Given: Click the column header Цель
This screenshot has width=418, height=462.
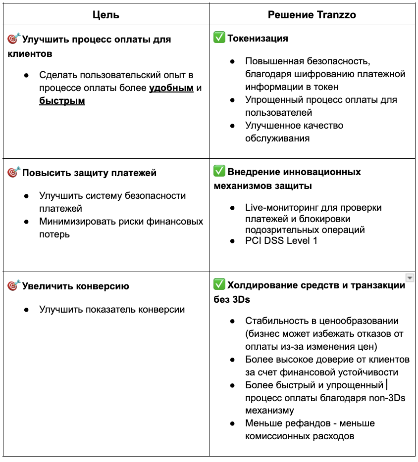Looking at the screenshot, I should (x=106, y=15).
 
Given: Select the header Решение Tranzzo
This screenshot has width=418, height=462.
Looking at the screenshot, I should (x=312, y=15).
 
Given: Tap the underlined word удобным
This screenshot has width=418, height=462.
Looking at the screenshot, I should (x=171, y=89).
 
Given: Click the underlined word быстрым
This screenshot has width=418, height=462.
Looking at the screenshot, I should (x=62, y=101).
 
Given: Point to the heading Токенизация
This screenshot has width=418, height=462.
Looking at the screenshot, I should (x=258, y=38).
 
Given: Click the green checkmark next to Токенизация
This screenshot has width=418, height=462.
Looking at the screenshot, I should (x=219, y=38).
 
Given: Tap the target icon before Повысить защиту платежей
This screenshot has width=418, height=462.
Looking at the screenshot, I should (x=13, y=173).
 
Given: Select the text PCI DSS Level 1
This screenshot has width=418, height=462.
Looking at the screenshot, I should (x=281, y=241).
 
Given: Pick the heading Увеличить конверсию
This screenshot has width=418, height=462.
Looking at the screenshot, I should (x=75, y=286).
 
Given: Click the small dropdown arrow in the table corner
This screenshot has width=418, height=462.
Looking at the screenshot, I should (x=409, y=277).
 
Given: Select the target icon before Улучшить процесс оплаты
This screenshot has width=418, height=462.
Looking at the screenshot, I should (x=13, y=39).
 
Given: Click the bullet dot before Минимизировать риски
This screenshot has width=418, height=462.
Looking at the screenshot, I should (x=26, y=222).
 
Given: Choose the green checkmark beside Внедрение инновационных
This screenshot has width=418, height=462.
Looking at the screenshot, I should (x=219, y=172).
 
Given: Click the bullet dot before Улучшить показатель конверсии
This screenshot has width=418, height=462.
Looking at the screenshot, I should (x=26, y=310).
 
